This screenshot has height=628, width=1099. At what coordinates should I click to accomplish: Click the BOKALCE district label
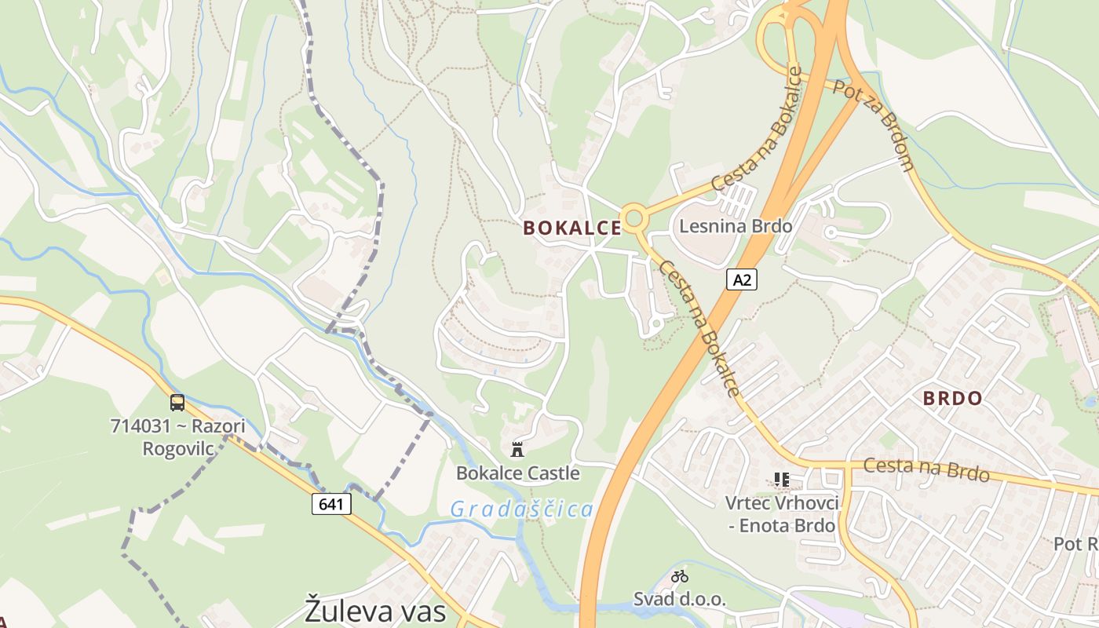point(572,228)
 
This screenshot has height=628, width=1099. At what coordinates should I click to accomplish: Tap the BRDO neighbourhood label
point(952,398)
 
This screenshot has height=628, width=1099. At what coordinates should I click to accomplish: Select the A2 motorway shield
point(741,279)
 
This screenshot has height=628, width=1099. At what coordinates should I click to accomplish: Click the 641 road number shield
point(331,503)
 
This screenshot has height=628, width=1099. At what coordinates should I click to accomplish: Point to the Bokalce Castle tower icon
point(517,450)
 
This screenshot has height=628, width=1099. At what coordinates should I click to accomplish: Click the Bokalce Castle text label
point(518,473)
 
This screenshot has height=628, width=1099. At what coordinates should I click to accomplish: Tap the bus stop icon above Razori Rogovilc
point(177,403)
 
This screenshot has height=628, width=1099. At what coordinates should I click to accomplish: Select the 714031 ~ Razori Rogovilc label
point(177,437)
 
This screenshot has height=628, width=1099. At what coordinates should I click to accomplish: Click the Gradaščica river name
point(521,509)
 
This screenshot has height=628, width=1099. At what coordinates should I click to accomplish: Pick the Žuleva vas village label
point(375,611)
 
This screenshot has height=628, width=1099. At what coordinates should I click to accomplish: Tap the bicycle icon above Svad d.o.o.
point(680,576)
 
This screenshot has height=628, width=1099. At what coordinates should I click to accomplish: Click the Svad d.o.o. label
point(680,599)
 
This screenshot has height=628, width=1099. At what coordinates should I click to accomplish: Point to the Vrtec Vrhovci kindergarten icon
point(781,479)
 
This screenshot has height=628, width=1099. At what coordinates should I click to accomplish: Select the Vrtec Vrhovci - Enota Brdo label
point(782,514)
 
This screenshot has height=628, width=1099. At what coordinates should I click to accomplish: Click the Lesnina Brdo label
point(736,226)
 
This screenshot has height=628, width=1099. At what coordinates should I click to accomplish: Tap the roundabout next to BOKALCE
point(633,217)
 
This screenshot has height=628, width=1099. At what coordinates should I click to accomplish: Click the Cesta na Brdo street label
point(926,470)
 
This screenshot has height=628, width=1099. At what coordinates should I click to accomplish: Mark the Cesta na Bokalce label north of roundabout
point(757,130)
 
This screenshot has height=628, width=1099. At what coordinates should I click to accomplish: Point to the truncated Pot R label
point(1075,544)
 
